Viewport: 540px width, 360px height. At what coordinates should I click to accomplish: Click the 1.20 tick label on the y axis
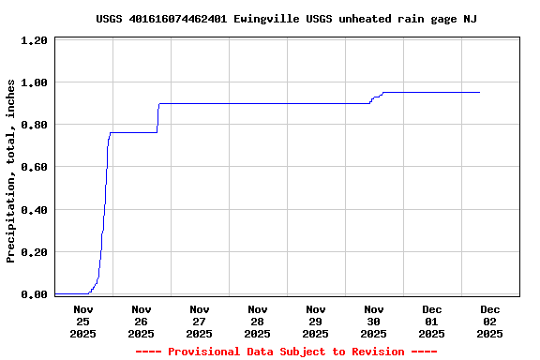34,41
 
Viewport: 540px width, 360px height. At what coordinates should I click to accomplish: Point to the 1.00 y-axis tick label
34,83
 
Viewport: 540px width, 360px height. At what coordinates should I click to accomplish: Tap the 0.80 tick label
34,126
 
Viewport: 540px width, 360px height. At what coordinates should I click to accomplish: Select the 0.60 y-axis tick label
34,168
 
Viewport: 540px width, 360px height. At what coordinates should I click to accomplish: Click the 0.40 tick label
34,210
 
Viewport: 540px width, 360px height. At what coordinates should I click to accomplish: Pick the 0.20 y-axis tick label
34,252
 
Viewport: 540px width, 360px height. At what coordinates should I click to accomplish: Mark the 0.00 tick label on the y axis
34,294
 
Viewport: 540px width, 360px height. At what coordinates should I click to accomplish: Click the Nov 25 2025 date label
83,321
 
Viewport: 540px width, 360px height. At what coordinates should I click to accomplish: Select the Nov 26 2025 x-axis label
142,321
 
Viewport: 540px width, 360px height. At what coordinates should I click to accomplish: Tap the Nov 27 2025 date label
200,321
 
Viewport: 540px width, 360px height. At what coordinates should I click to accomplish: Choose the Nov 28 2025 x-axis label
258,321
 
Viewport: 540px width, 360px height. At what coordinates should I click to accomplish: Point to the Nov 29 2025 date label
316,321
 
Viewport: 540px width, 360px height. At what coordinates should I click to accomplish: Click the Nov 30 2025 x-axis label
374,321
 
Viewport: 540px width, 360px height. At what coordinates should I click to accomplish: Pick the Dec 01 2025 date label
432,321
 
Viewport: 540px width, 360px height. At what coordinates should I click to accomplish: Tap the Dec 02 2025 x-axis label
490,321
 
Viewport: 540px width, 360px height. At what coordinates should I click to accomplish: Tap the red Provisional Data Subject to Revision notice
286,352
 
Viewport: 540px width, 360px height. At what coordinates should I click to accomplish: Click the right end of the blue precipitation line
479,93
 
